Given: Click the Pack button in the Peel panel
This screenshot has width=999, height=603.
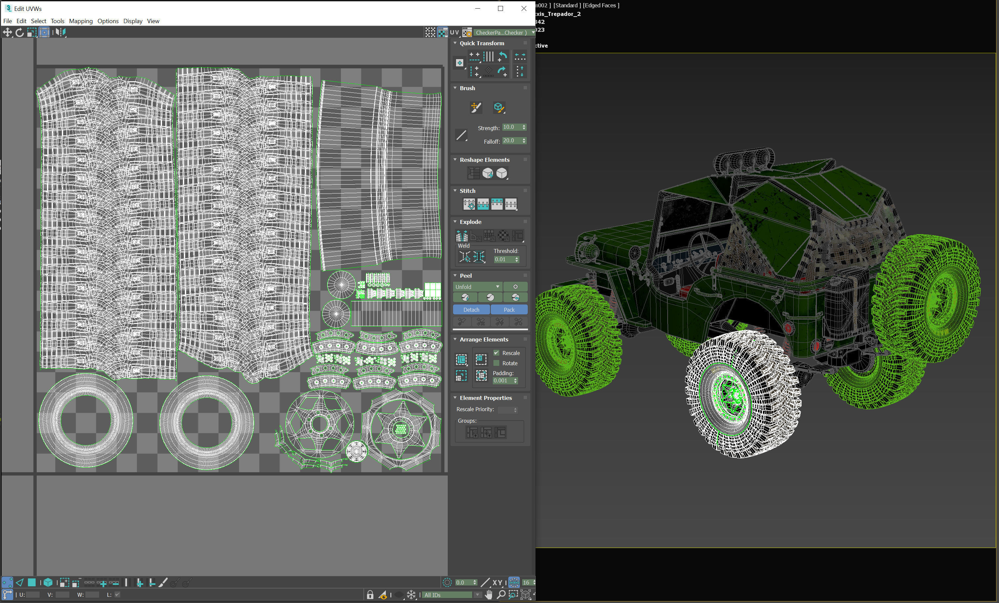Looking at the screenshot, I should [509, 310].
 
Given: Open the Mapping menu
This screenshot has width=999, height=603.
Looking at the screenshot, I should [81, 21].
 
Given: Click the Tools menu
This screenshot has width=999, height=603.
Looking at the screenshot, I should [57, 21].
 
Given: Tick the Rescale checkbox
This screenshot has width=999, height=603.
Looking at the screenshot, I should [496, 353].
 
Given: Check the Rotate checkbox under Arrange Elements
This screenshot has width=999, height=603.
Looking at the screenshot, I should [496, 363].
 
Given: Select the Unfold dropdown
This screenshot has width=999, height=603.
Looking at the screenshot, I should [477, 287].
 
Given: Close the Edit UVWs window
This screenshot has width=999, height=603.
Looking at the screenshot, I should [523, 9].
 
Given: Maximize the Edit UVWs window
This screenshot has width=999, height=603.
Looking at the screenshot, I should [500, 9].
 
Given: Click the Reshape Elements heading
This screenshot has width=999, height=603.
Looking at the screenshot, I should [484, 160].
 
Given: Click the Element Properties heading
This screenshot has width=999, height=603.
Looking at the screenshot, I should [485, 398].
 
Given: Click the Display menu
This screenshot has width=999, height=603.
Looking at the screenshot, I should [133, 21].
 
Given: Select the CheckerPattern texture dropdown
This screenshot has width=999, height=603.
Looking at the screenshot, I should [503, 32].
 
